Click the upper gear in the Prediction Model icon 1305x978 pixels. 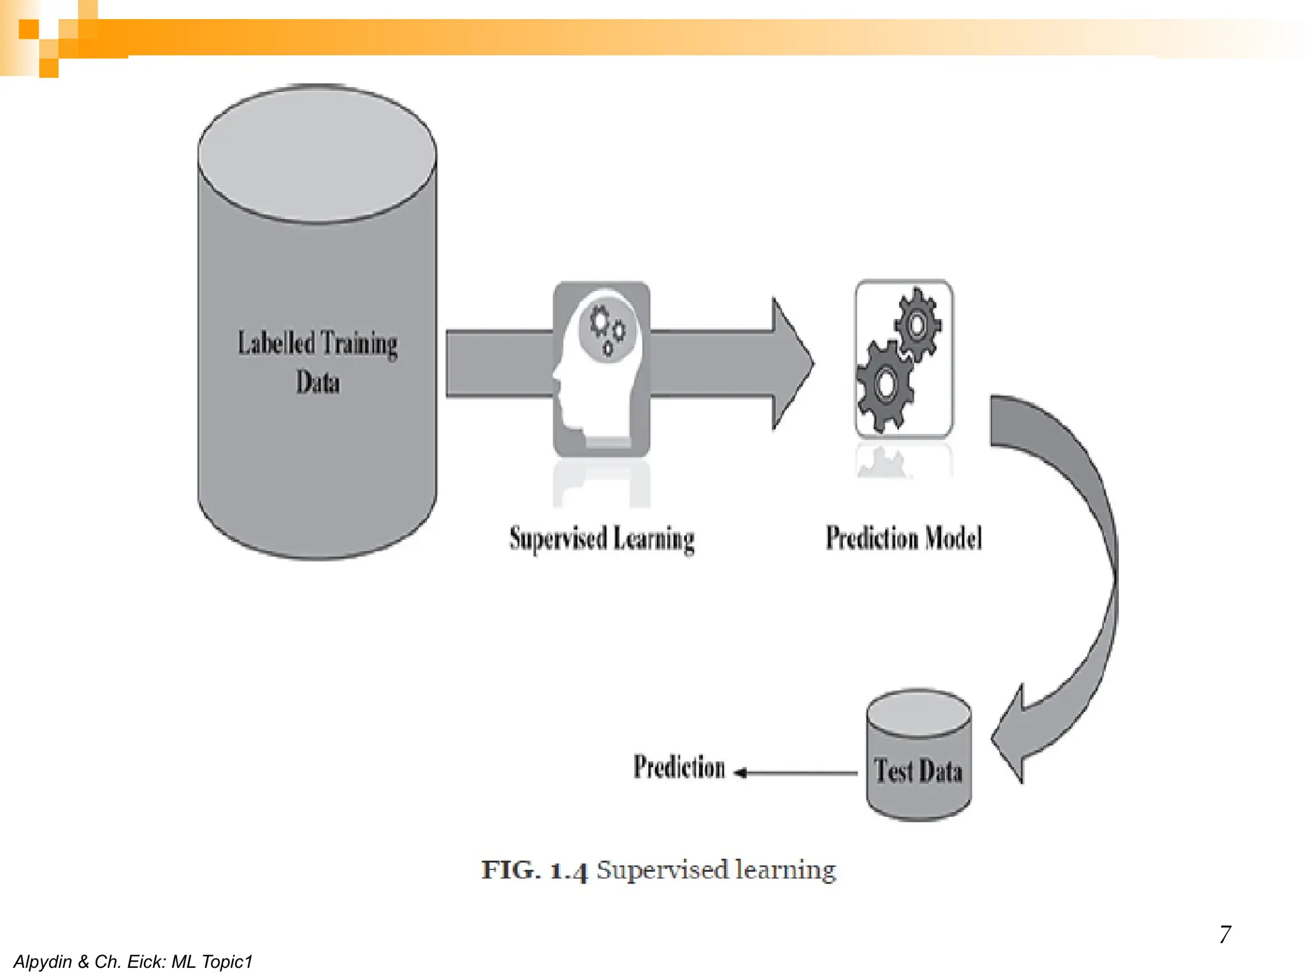[917, 325]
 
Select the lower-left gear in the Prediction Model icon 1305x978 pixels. [884, 385]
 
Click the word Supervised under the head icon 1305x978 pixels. [558, 539]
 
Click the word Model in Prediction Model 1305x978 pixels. [953, 538]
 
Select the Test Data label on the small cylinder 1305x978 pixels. [918, 771]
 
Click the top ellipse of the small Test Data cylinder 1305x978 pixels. [919, 714]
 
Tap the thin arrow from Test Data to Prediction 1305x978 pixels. [797, 773]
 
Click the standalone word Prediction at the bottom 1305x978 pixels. [679, 767]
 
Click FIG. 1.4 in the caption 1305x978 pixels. [534, 870]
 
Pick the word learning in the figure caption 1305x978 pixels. [785, 870]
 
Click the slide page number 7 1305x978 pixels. [1225, 934]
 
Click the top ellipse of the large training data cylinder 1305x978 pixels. [317, 155]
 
